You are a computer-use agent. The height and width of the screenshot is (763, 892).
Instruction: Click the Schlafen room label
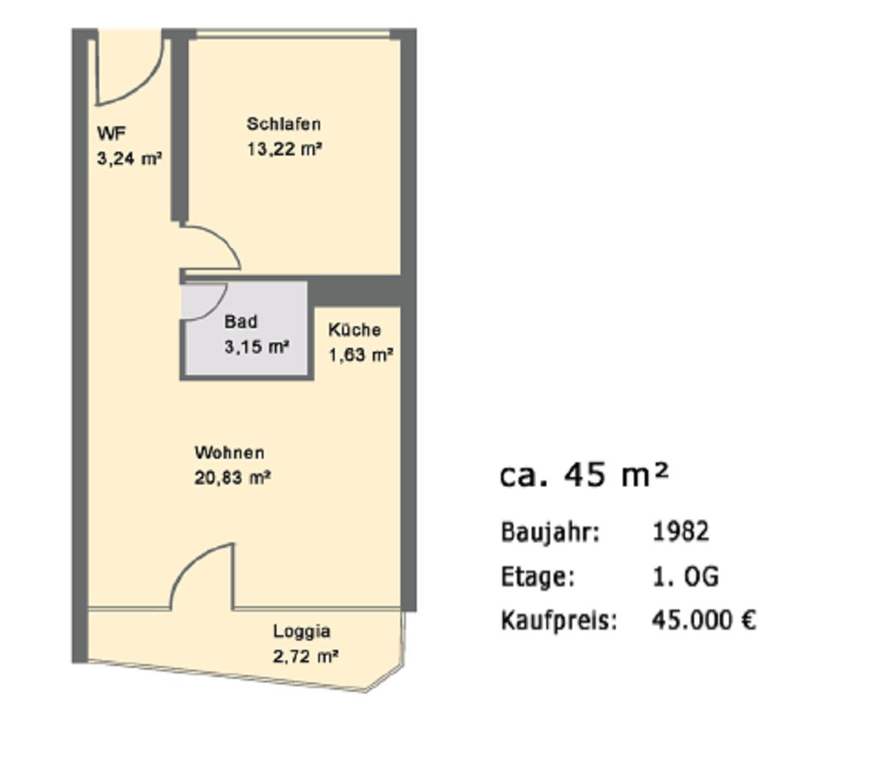(284, 124)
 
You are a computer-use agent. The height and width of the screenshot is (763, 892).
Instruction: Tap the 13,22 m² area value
(285, 150)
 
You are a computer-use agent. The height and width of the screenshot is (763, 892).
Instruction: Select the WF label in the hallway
(111, 134)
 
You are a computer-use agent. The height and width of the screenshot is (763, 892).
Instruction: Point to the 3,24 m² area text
(129, 158)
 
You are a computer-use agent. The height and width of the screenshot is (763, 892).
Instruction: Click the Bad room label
(241, 322)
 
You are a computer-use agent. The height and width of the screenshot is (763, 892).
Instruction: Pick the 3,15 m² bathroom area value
(256, 346)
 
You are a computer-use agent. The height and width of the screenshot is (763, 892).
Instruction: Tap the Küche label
(355, 330)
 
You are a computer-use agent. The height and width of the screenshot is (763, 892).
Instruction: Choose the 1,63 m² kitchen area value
(361, 355)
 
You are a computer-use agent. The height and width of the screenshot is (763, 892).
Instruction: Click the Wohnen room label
(230, 453)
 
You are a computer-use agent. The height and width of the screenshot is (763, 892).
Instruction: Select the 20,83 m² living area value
(233, 478)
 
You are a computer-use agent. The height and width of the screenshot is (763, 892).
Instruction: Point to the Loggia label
(301, 632)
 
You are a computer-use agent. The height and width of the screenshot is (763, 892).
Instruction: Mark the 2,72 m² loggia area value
(306, 657)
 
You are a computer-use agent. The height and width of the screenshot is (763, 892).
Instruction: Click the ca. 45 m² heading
(585, 475)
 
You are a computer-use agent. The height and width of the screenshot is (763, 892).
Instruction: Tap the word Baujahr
(550, 533)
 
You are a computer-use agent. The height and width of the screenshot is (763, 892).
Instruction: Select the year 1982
(681, 531)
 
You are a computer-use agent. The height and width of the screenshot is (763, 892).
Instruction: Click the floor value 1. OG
(685, 577)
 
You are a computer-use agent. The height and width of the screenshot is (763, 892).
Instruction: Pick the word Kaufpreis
(559, 621)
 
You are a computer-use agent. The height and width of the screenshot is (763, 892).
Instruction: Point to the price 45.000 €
(704, 621)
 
